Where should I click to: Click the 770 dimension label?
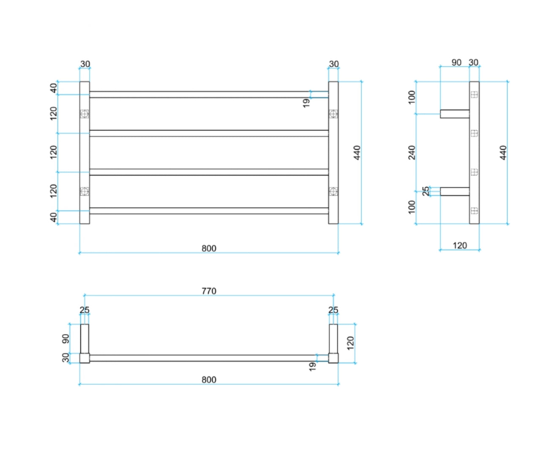(209, 291)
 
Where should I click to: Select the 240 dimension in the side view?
(412, 153)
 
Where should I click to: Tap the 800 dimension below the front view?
(209, 248)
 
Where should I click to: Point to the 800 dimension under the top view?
(209, 379)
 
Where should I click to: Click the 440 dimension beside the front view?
(357, 153)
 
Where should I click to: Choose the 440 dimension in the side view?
(503, 153)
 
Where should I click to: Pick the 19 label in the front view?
(306, 103)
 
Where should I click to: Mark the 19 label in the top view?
(312, 366)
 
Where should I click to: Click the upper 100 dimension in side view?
(412, 97)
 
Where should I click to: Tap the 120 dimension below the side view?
(460, 246)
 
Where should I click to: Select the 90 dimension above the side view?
(456, 63)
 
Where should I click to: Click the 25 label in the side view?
(426, 191)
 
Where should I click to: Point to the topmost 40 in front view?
(54, 88)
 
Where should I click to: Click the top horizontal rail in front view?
(209, 95)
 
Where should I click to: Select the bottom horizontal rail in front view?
(209, 211)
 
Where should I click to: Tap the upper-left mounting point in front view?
(85, 114)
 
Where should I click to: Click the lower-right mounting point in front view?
(333, 191)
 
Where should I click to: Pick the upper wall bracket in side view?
(455, 114)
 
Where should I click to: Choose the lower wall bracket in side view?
(455, 191)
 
